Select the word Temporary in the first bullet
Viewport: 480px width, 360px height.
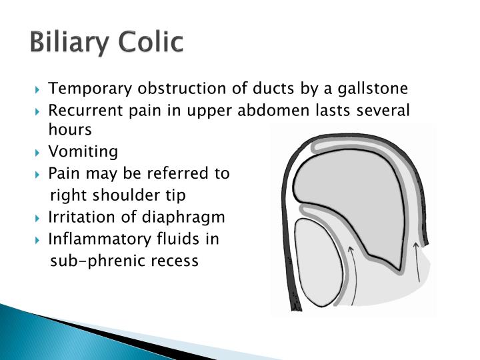pos(83,89)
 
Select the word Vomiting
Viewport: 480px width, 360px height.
pos(83,152)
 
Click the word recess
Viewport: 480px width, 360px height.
pos(175,260)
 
